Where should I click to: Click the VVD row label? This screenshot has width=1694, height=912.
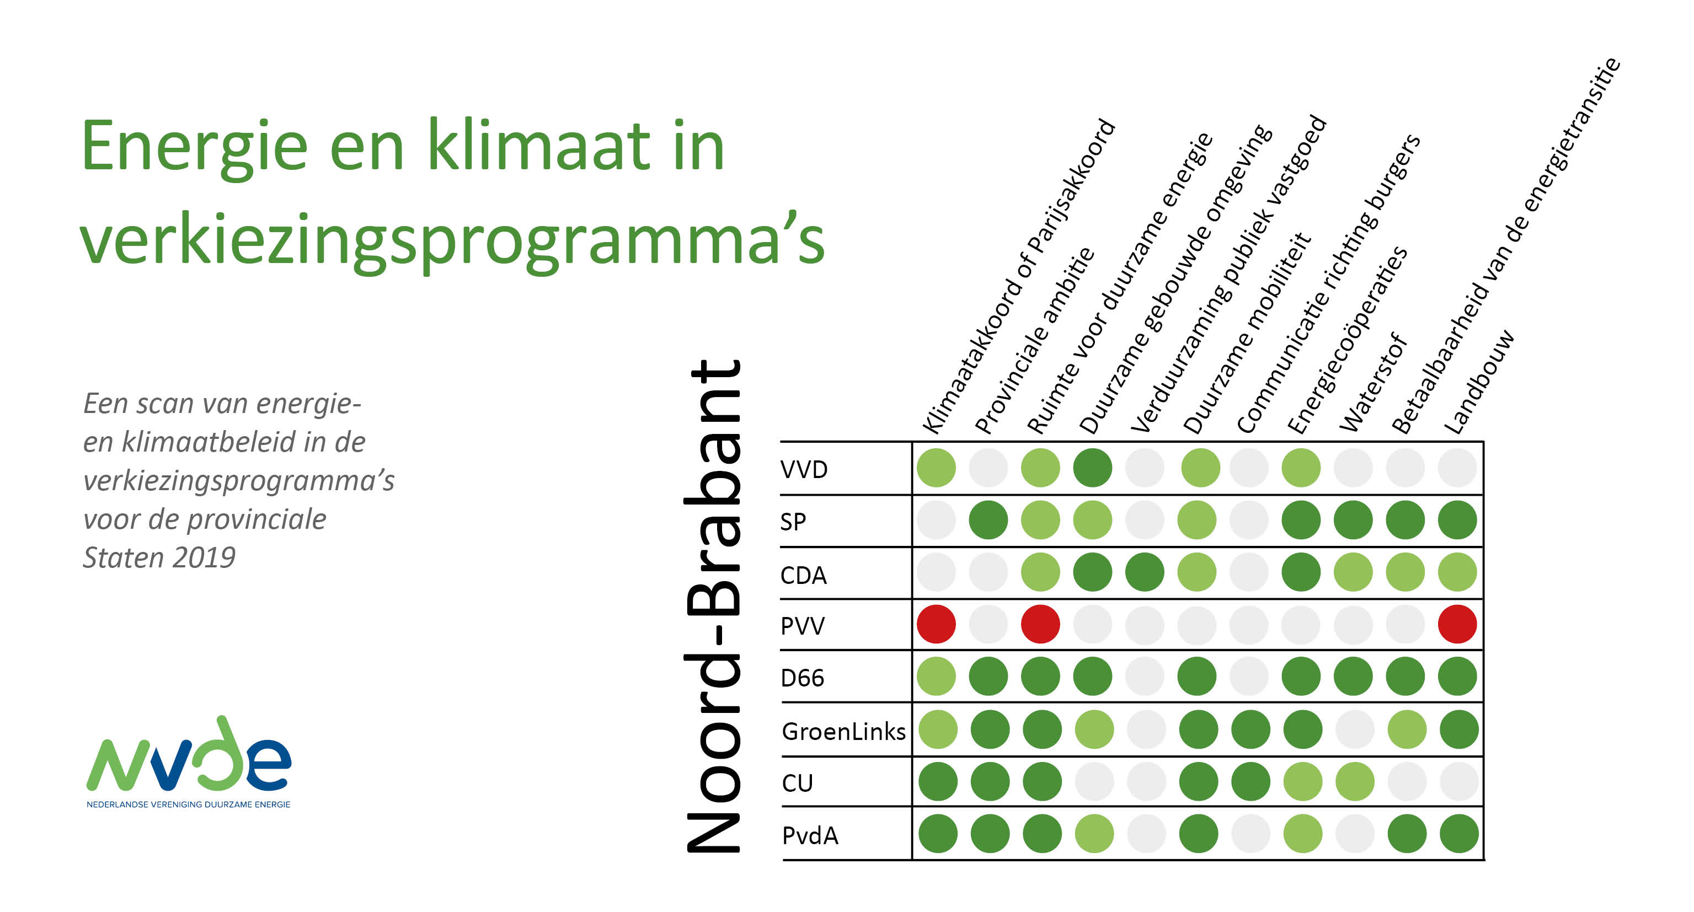pyautogui.click(x=804, y=469)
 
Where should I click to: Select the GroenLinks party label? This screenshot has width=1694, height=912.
pyautogui.click(x=844, y=731)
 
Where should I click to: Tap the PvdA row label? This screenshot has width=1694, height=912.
pyautogui.click(x=810, y=835)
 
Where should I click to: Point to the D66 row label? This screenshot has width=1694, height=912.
pyautogui.click(x=802, y=678)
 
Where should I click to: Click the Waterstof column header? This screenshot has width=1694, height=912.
pyautogui.click(x=1374, y=383)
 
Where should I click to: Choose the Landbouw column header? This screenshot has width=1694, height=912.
pyautogui.click(x=1479, y=382)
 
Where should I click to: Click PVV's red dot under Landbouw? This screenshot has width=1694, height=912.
pyautogui.click(x=1457, y=624)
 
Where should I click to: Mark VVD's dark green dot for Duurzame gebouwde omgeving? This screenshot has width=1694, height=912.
pyautogui.click(x=1092, y=468)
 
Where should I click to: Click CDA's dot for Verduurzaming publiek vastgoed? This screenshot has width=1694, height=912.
pyautogui.click(x=1144, y=572)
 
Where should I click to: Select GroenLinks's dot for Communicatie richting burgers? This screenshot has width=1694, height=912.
pyautogui.click(x=1250, y=729)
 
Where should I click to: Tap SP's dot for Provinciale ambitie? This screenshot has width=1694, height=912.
pyautogui.click(x=988, y=520)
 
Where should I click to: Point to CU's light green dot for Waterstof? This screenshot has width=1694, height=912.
pyautogui.click(x=1355, y=781)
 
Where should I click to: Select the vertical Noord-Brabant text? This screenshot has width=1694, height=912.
pyautogui.click(x=713, y=606)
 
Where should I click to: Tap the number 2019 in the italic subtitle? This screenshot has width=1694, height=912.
pyautogui.click(x=205, y=557)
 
